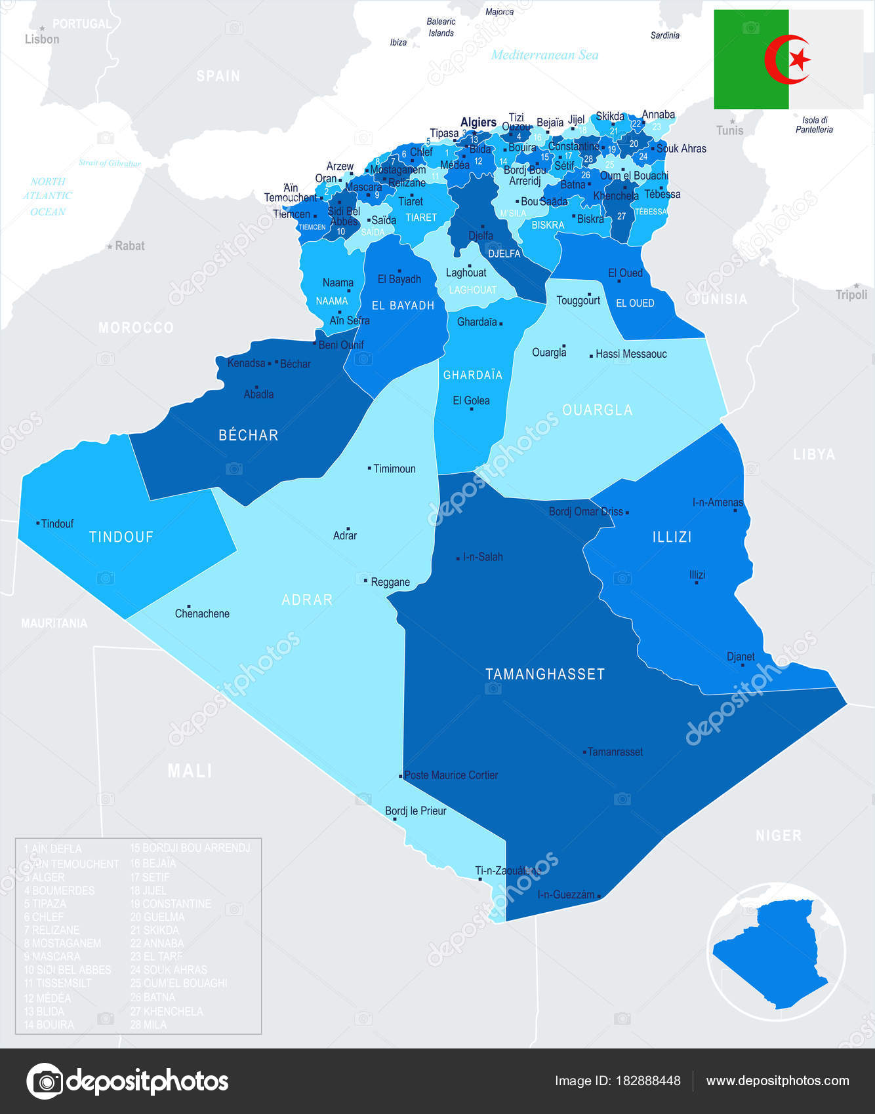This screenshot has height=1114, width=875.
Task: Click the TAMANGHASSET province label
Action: (x=544, y=674)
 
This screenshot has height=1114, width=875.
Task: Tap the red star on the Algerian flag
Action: (x=799, y=60)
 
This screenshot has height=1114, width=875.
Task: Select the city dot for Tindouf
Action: (x=37, y=523)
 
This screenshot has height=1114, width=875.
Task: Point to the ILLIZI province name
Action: (x=672, y=537)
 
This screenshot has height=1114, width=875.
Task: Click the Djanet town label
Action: (x=741, y=657)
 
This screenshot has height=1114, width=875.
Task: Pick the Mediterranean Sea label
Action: (x=544, y=55)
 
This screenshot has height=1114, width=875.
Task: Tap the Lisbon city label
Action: (x=42, y=39)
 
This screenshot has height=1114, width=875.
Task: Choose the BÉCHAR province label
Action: (x=248, y=435)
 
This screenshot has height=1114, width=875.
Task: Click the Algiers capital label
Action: (x=478, y=123)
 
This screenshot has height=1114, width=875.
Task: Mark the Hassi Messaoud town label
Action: (x=631, y=354)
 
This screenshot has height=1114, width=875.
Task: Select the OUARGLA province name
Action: (x=597, y=410)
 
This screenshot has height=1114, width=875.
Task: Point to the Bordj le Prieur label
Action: (x=415, y=811)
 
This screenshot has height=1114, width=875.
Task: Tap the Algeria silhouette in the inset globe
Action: (x=774, y=950)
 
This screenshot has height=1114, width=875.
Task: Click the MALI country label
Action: (x=190, y=771)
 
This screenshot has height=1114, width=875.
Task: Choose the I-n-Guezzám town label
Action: (x=565, y=894)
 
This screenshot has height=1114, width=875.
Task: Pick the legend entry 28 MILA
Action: (x=148, y=1024)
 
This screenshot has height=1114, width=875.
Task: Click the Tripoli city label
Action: (x=851, y=295)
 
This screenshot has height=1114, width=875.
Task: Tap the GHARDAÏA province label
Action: (x=472, y=375)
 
